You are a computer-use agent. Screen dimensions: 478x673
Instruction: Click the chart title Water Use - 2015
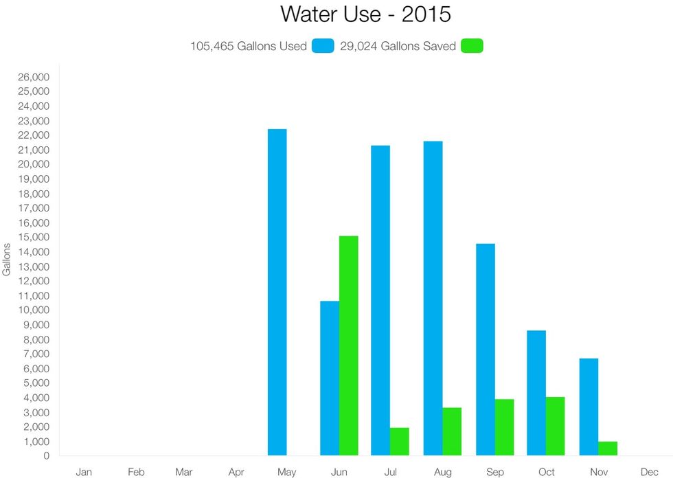[365, 14]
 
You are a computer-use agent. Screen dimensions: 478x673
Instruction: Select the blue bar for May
[277, 292]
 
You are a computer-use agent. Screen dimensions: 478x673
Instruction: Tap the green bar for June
[348, 345]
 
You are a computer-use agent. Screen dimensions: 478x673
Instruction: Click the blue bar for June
[330, 378]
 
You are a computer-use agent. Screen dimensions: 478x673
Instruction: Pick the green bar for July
[399, 441]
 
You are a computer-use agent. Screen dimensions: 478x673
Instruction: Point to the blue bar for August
[433, 298]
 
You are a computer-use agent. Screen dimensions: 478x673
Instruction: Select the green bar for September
[504, 427]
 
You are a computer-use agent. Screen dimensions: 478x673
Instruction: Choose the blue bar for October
[536, 393]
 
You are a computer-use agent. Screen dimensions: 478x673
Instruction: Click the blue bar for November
[589, 407]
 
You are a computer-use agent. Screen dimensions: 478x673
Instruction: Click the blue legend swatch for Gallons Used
[323, 47]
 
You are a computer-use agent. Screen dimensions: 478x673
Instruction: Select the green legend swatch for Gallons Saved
[472, 47]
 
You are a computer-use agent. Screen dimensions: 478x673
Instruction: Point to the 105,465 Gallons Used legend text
[249, 47]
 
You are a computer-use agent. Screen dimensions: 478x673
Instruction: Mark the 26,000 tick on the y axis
[34, 77]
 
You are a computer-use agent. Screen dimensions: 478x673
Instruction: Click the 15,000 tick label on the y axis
[34, 238]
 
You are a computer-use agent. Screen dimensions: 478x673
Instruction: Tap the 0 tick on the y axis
[45, 456]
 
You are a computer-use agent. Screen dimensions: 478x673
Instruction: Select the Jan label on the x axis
[84, 473]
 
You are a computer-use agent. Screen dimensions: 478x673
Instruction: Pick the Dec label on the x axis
[650, 473]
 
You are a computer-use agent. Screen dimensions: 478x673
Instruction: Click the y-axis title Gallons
[7, 259]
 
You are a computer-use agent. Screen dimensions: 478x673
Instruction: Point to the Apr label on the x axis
[236, 473]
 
